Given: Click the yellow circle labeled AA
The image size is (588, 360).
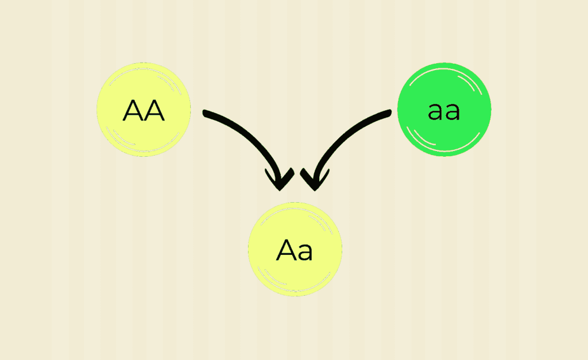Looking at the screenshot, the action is pyautogui.click(x=144, y=110).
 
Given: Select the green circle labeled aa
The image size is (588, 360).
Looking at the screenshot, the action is pyautogui.click(x=444, y=110).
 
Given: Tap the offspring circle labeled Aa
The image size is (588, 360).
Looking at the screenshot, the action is pyautogui.click(x=295, y=249).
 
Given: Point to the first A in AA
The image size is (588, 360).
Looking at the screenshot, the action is pyautogui.click(x=133, y=111).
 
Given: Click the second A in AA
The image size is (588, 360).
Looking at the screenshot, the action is pyautogui.click(x=154, y=111).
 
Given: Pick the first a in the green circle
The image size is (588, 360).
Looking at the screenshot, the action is pyautogui.click(x=436, y=112).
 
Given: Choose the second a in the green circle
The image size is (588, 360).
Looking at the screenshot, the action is pyautogui.click(x=452, y=112).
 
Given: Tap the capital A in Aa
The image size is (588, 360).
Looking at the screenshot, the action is pyautogui.click(x=287, y=250).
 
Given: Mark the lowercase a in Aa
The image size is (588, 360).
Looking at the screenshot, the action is pyautogui.click(x=305, y=252).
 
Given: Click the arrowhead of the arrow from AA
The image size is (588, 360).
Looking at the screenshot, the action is pyautogui.click(x=280, y=180).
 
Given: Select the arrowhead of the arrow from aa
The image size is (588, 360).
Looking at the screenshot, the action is pyautogui.click(x=314, y=180).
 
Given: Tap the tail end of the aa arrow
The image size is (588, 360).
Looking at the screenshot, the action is pyautogui.click(x=389, y=113).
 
